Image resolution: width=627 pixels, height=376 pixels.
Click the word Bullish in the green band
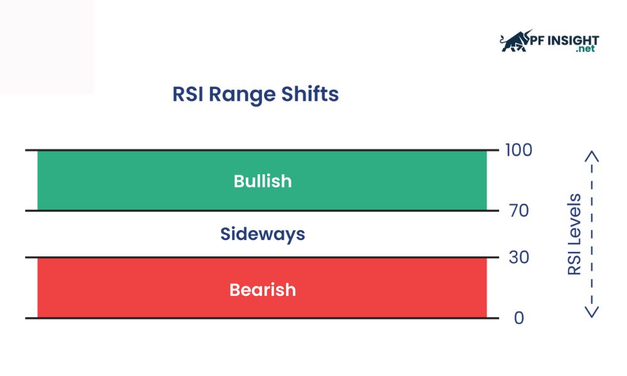pos(263,181)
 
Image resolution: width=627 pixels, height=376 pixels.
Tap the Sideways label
pos(263,234)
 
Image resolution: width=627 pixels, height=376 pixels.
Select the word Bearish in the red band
pos(263,290)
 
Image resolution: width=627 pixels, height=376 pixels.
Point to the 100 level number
pos(519,150)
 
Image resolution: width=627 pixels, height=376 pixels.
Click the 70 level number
pos(519,211)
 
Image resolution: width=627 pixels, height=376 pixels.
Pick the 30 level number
pos(519,258)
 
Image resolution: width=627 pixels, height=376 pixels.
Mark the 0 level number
pos(519,318)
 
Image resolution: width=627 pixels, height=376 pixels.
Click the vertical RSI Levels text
pos(574,234)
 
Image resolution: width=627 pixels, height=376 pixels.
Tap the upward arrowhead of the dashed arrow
pos(592,156)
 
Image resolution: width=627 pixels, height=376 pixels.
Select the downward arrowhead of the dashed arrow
pos(592,312)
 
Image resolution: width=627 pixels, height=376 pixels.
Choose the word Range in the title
pos(242,95)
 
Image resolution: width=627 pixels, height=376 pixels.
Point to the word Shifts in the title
pos(310,94)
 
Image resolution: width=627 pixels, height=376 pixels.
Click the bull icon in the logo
pos(515,41)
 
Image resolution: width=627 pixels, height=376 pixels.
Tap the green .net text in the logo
pos(586,49)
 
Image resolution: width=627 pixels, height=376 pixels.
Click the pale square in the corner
pos(47,47)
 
